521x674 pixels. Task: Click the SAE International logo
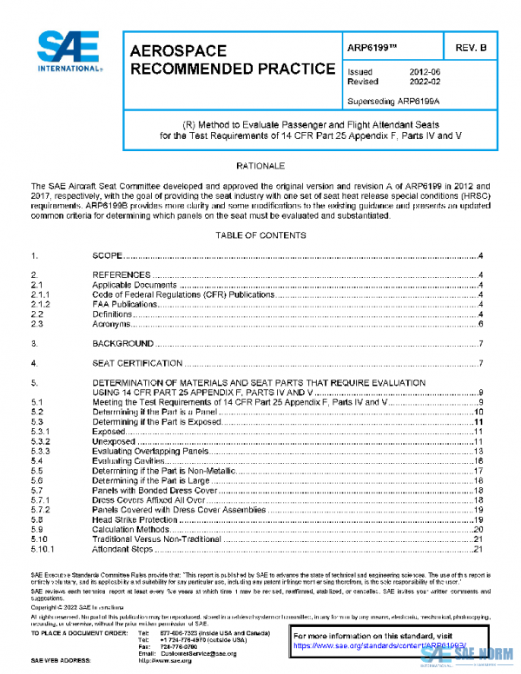pos(68,53)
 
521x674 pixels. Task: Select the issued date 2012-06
pos(424,72)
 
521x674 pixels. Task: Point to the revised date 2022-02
pos(424,82)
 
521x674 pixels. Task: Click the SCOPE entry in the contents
pos(107,257)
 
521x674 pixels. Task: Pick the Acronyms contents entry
pos(111,323)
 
